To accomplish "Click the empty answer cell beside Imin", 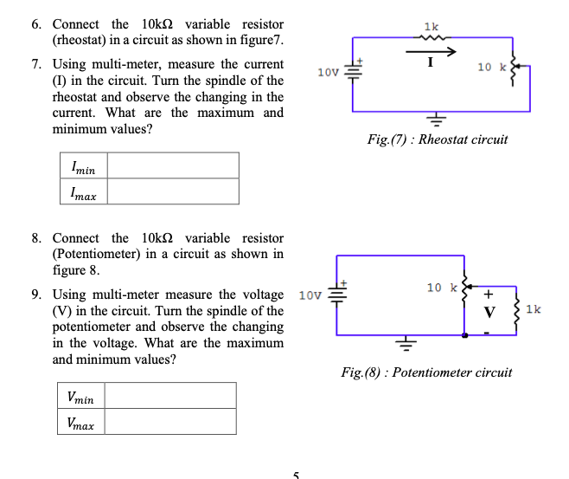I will tap(173, 165).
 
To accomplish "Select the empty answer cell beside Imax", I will tap(173, 191).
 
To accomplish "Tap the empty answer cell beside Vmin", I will tap(170, 396).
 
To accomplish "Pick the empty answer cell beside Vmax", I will tap(170, 422).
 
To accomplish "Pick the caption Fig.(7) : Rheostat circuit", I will tap(437, 139).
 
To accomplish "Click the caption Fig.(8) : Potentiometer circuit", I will tap(426, 372).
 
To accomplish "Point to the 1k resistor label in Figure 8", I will tap(534, 309).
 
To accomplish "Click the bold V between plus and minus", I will tap(489, 312).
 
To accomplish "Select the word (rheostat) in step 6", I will tap(80, 41).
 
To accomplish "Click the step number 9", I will tap(36, 295).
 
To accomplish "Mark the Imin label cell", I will tap(84, 166).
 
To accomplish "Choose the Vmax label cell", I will tap(80, 423).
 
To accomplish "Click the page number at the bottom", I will tap(295, 474).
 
